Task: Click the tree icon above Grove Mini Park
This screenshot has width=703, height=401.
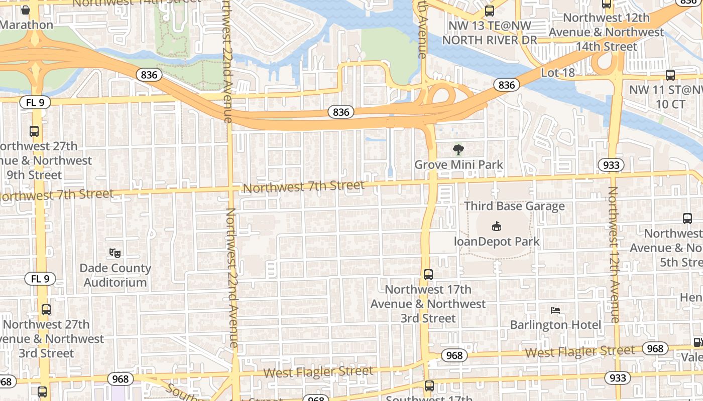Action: pos(458,149)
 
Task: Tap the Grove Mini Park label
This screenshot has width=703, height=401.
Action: pos(458,164)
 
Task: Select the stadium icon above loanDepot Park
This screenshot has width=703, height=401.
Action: pos(497,227)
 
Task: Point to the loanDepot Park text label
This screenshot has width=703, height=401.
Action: pos(497,242)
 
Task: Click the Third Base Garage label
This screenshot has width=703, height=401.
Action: pos(514,206)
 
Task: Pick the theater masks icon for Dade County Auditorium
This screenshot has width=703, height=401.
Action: pos(115,253)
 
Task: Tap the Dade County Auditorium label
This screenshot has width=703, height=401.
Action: pos(115,275)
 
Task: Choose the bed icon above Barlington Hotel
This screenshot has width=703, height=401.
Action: pos(555,310)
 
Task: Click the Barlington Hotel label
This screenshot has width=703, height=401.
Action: pos(555,325)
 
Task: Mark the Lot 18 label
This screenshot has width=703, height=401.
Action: pos(557,73)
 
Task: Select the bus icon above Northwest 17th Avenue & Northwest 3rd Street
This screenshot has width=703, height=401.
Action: pos(428,275)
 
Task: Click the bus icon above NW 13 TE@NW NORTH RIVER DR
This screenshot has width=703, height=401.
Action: pos(489,11)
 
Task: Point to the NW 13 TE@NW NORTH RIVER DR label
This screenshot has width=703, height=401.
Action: pos(490,33)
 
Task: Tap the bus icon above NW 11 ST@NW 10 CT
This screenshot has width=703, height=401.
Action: pos(670,75)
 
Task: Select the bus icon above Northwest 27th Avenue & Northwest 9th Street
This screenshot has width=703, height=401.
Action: pos(34,131)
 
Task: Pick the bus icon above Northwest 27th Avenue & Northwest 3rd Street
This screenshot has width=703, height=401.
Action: pos(46,310)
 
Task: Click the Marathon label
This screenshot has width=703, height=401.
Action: pos(27,25)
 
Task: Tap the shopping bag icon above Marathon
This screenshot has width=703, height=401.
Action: pos(26,10)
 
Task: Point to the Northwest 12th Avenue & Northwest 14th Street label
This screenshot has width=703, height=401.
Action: pos(606,32)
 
